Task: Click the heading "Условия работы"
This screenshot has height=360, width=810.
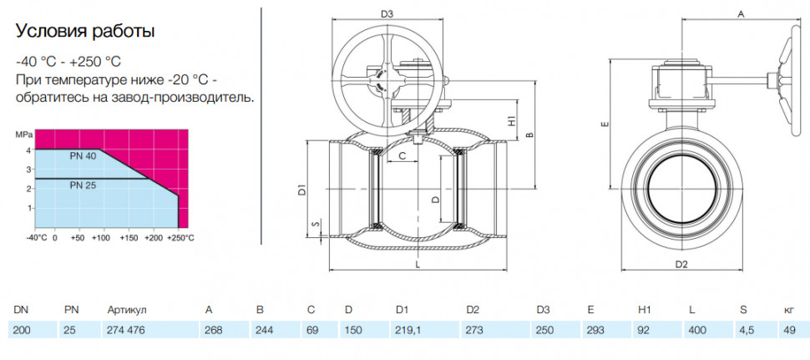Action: pyautogui.click(x=85, y=32)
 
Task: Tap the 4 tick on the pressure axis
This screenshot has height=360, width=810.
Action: pyautogui.click(x=30, y=150)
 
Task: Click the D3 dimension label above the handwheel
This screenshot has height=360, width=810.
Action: pyautogui.click(x=387, y=14)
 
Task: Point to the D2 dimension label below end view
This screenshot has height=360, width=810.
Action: pyautogui.click(x=682, y=265)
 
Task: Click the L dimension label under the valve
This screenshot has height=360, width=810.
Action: pyautogui.click(x=418, y=265)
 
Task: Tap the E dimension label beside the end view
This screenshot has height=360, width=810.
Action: pyautogui.click(x=606, y=124)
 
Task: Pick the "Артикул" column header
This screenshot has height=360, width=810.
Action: pyautogui.click(x=127, y=311)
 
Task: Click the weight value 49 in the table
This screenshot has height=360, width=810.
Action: pyautogui.click(x=790, y=330)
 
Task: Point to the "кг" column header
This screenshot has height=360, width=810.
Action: pyautogui.click(x=789, y=311)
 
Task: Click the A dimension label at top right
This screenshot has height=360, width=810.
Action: pyautogui.click(x=740, y=15)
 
